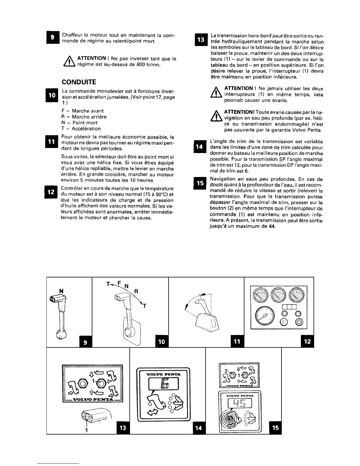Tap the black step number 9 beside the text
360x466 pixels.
(x=53, y=38)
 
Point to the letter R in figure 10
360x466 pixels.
(x=136, y=292)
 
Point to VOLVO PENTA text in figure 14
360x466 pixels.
(x=163, y=374)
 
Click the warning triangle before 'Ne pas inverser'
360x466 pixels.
(x=72, y=62)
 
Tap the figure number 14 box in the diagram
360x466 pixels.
(x=199, y=428)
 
